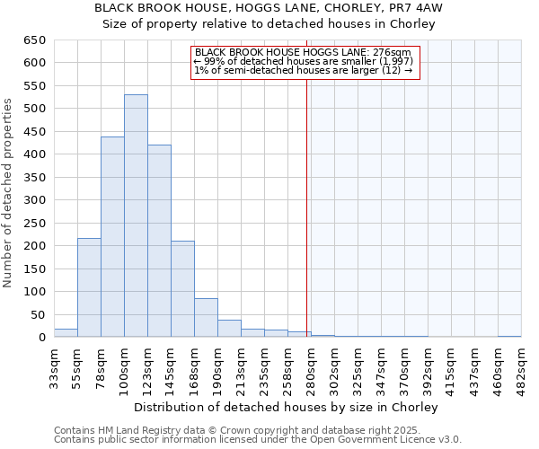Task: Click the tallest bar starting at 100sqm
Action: point(136,216)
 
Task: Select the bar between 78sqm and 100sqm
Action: point(112,237)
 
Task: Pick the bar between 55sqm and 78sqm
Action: point(89,287)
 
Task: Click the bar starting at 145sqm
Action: point(182,289)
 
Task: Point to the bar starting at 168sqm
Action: point(206,318)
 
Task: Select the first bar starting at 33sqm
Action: point(66,333)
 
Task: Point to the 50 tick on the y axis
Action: point(37,314)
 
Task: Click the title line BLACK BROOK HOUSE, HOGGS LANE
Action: point(269,8)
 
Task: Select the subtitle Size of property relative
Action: point(269,24)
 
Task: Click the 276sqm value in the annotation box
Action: point(393,53)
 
